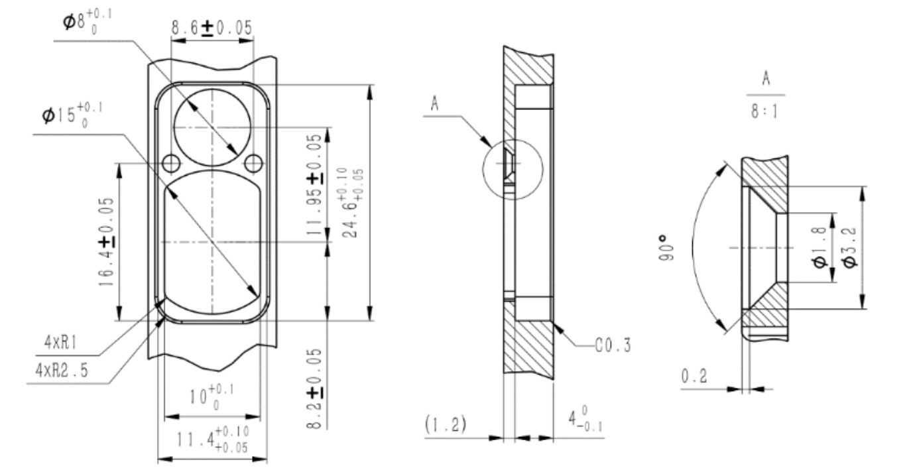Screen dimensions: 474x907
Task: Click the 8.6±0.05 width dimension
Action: tap(212, 29)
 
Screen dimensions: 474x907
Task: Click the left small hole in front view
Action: tap(171, 162)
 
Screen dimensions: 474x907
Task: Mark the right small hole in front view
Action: tap(253, 162)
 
